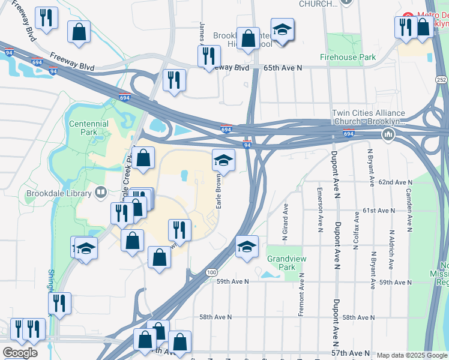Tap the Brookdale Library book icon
tap(101, 193)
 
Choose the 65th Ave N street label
tap(282, 68)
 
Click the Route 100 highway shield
tap(211, 272)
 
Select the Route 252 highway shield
tap(441, 80)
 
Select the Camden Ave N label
tap(409, 209)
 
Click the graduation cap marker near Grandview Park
tap(247, 247)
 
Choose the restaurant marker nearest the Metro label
tap(406, 26)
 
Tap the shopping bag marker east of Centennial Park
tap(143, 158)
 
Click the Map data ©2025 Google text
tap(412, 355)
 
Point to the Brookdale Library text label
tap(59, 194)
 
